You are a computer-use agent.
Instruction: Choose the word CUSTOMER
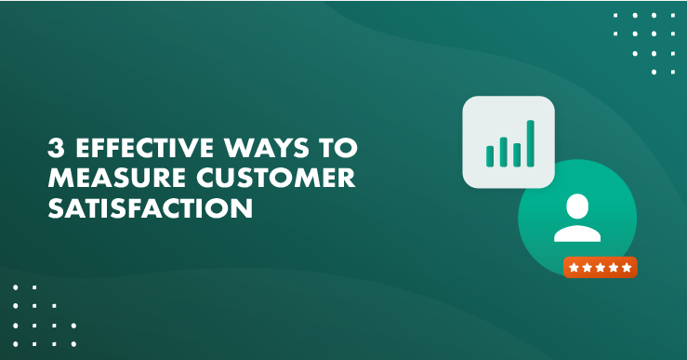(264, 180)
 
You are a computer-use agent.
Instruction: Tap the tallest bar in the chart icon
(530, 142)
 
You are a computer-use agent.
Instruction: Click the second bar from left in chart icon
(502, 152)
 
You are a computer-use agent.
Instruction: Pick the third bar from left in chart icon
(516, 149)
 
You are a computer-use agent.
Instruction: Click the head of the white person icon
(577, 206)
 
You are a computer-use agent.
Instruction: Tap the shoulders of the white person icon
(577, 232)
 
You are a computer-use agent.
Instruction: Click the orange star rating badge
(600, 268)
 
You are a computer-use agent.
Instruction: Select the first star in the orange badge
(575, 268)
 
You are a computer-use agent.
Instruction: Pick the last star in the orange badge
(626, 268)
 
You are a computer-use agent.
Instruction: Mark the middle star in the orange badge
(600, 268)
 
